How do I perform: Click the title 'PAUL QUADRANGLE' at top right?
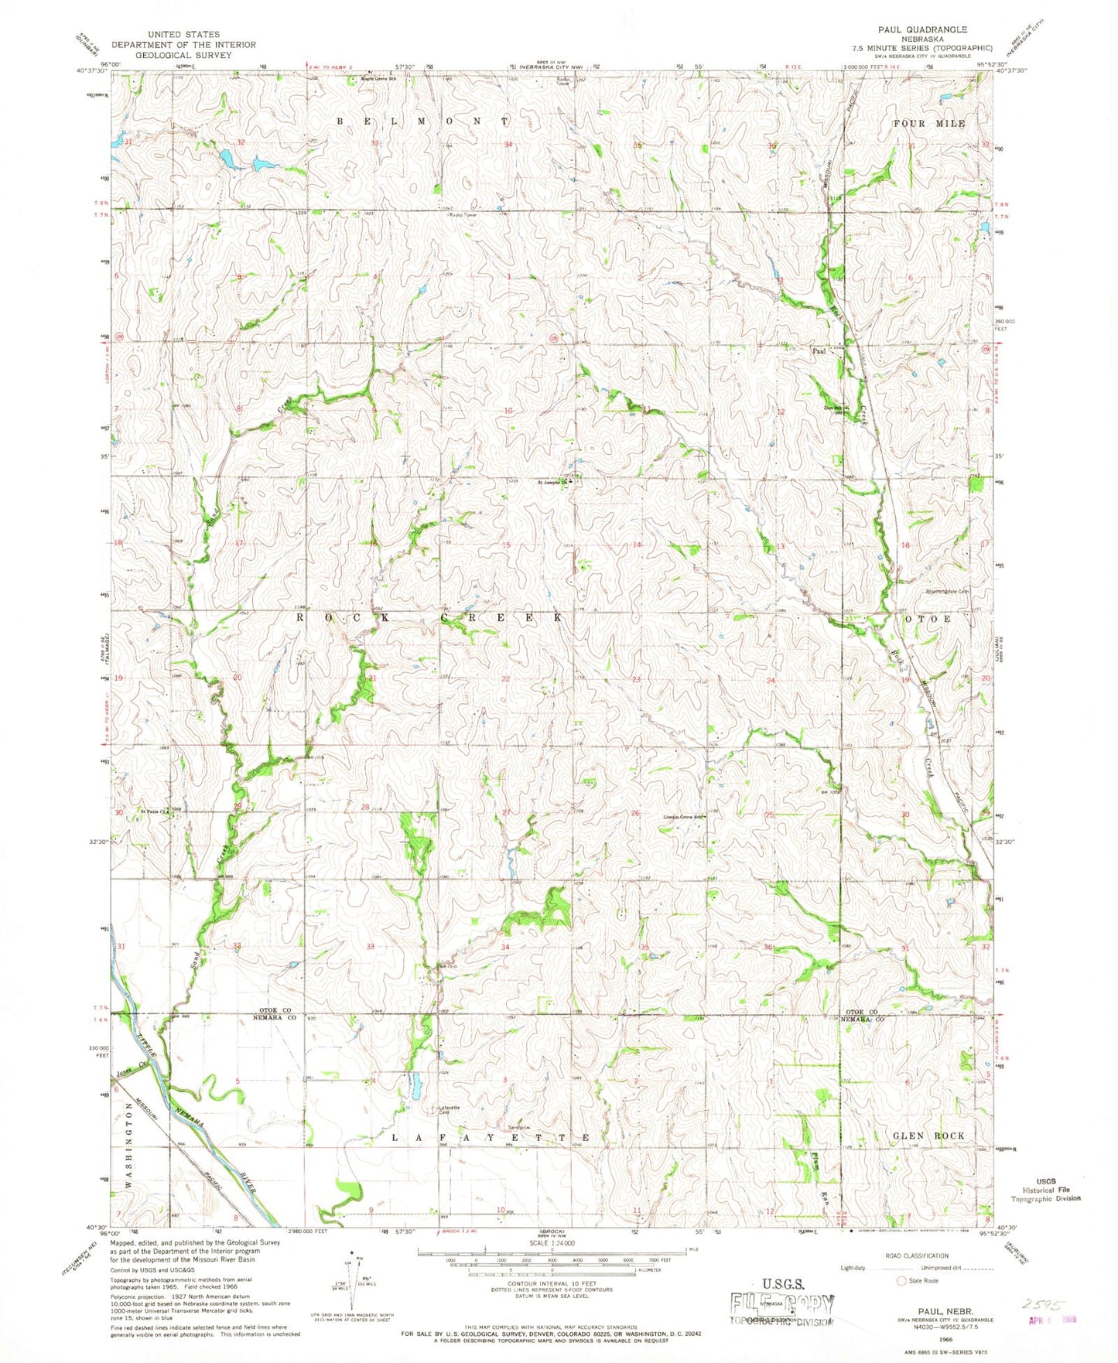[x=921, y=29]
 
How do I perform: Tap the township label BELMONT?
[x=422, y=122]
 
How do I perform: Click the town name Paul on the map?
[x=819, y=350]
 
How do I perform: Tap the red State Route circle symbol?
[x=900, y=1280]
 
